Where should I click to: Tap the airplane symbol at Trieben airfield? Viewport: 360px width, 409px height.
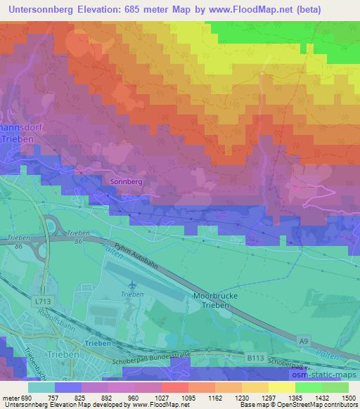[133, 285]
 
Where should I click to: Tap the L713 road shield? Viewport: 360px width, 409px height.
[42, 300]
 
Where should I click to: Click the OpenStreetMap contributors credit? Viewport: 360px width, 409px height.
[317, 405]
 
